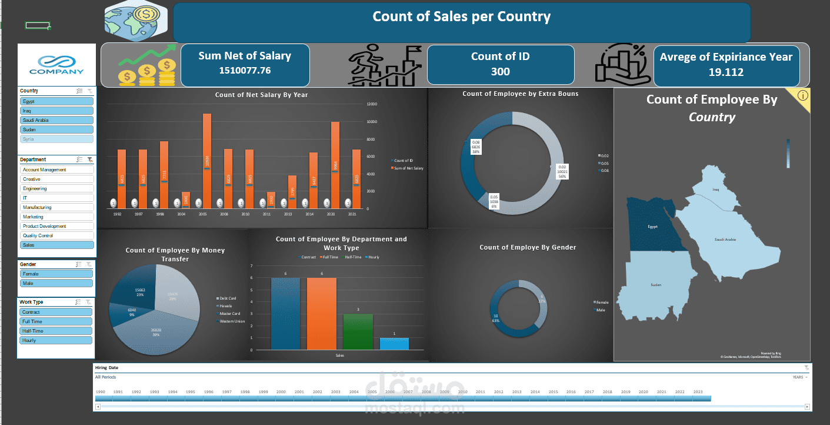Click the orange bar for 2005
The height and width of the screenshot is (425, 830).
pos(207,159)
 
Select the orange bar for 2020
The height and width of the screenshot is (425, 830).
pos(335,165)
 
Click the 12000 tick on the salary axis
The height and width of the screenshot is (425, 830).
pos(371,104)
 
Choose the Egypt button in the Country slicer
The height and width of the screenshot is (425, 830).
pos(56,101)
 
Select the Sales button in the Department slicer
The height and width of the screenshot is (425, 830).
pos(56,245)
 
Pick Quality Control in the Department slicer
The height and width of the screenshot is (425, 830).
pos(56,235)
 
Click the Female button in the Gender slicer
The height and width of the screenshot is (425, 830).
pos(56,274)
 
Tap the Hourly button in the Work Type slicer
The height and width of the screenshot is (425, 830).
pos(56,340)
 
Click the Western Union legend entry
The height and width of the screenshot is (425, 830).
pos(232,321)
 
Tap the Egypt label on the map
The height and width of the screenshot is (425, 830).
pos(652,227)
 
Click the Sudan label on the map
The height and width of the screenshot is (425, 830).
pos(655,285)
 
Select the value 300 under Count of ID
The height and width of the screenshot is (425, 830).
pos(500,72)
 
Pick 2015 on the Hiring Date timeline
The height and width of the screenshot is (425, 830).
pos(553,392)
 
